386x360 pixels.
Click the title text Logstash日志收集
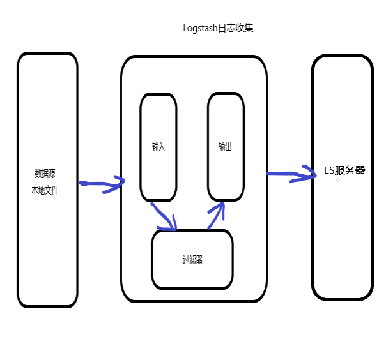click(x=219, y=29)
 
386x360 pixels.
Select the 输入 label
click(x=158, y=147)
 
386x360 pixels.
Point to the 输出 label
click(x=225, y=147)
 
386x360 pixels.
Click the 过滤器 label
click(x=192, y=259)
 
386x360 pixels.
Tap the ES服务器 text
click(x=344, y=170)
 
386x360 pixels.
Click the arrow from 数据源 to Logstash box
click(x=101, y=184)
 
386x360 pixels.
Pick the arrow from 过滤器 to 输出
click(x=215, y=215)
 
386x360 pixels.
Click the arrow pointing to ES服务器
click(x=291, y=174)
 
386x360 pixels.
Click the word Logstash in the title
click(x=199, y=29)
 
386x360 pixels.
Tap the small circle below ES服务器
click(x=338, y=181)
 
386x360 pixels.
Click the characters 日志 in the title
click(x=226, y=29)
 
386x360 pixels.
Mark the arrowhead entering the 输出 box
click(x=219, y=207)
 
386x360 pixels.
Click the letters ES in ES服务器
click(x=329, y=170)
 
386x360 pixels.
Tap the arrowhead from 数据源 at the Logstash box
click(x=118, y=184)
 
